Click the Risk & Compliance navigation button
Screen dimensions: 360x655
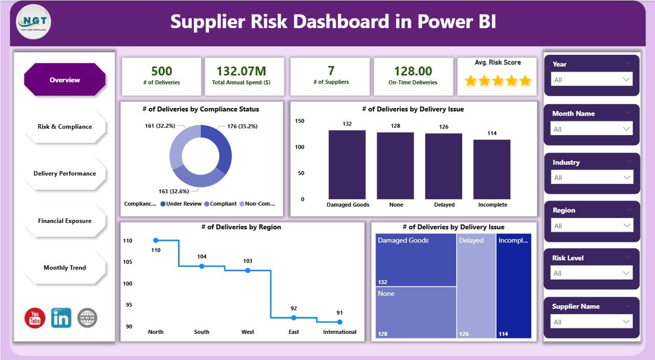click(64, 127)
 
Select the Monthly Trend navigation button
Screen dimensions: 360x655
click(64, 268)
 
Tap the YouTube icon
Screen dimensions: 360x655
click(35, 318)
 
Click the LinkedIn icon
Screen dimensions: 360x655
click(61, 318)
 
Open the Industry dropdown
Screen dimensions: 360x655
click(592, 177)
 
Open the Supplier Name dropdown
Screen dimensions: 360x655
click(592, 322)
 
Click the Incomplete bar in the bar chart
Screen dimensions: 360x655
click(492, 169)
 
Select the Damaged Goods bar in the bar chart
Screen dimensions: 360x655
click(347, 165)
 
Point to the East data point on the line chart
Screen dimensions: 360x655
click(294, 318)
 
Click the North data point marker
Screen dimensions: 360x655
click(156, 240)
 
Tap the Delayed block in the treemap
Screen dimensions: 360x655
click(476, 286)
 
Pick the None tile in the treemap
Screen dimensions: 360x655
click(416, 312)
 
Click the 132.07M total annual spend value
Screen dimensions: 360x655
click(244, 71)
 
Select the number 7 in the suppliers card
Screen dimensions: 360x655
click(330, 71)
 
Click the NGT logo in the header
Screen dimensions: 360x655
click(34, 22)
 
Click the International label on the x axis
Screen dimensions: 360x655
click(340, 332)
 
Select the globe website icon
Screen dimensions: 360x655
click(88, 318)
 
